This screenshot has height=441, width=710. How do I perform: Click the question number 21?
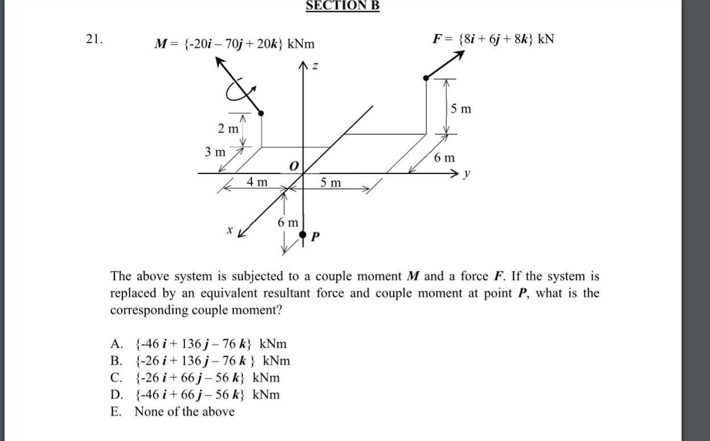tap(95, 39)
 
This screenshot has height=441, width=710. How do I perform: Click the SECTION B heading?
tap(342, 6)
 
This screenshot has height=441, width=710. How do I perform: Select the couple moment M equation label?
tap(235, 44)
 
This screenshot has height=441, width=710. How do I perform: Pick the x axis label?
tap(229, 230)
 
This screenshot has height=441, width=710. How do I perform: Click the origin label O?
tap(293, 166)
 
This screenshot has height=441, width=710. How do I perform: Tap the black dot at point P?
tap(303, 234)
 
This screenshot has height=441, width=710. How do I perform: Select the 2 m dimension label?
tap(228, 129)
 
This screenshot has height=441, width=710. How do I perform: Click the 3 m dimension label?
tap(215, 152)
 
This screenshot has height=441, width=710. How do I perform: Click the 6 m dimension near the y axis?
tap(444, 157)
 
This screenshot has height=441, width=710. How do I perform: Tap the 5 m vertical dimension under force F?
tap(461, 108)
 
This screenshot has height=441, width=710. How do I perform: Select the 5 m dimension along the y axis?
tap(331, 182)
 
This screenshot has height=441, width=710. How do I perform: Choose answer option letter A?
tap(116, 344)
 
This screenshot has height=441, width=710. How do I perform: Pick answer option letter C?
tap(116, 378)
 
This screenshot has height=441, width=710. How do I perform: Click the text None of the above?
tap(184, 411)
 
